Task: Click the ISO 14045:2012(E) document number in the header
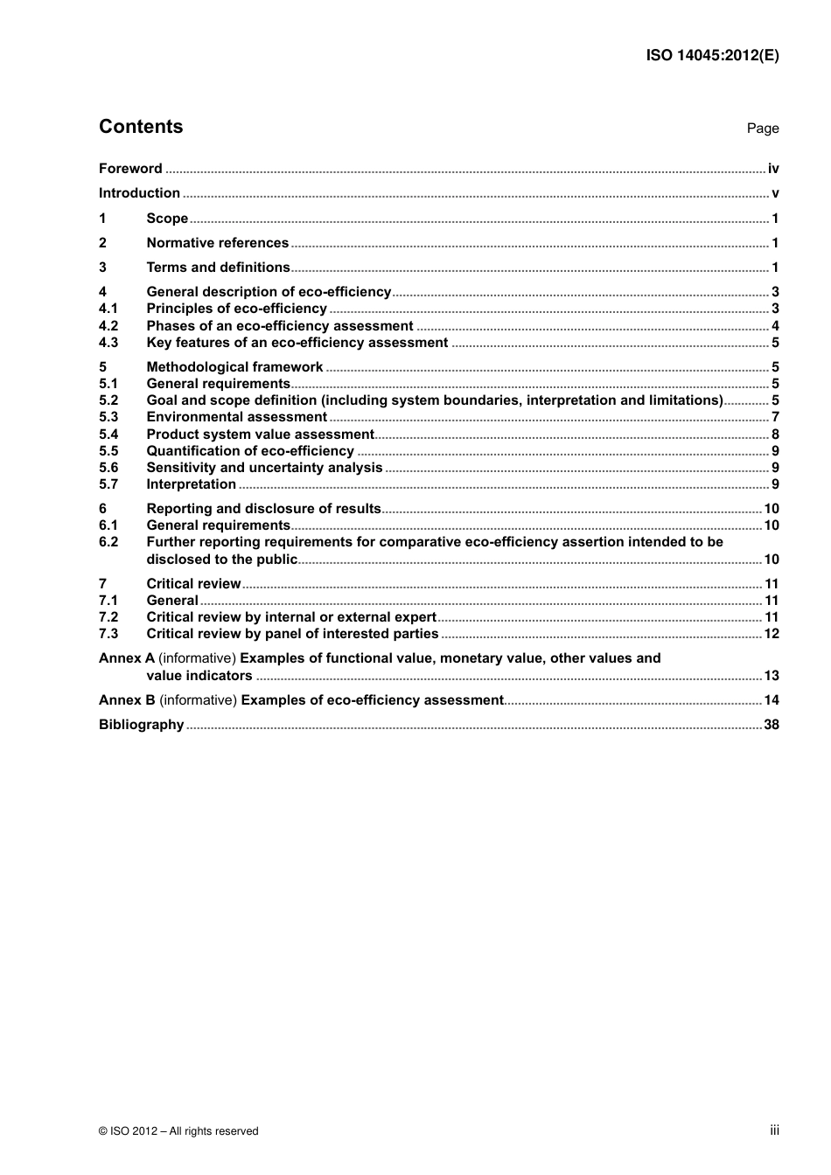(x=712, y=55)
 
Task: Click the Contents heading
(x=141, y=127)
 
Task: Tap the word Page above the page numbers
(x=762, y=129)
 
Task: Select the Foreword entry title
(x=130, y=169)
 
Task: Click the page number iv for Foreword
(x=773, y=169)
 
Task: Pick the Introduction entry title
(x=139, y=193)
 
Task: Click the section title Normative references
(x=217, y=243)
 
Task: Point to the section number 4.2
(x=108, y=326)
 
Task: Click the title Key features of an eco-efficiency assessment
(x=297, y=343)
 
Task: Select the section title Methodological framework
(x=234, y=367)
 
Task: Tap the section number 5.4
(x=108, y=435)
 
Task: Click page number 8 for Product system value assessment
(x=775, y=435)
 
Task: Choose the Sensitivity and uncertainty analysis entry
(x=264, y=468)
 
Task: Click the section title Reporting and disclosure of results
(x=263, y=509)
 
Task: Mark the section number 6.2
(x=108, y=542)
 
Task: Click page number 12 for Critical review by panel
(x=772, y=634)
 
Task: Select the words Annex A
(x=126, y=658)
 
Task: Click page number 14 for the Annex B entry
(x=772, y=700)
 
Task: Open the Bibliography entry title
(x=141, y=725)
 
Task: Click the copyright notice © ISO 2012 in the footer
(x=178, y=1131)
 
